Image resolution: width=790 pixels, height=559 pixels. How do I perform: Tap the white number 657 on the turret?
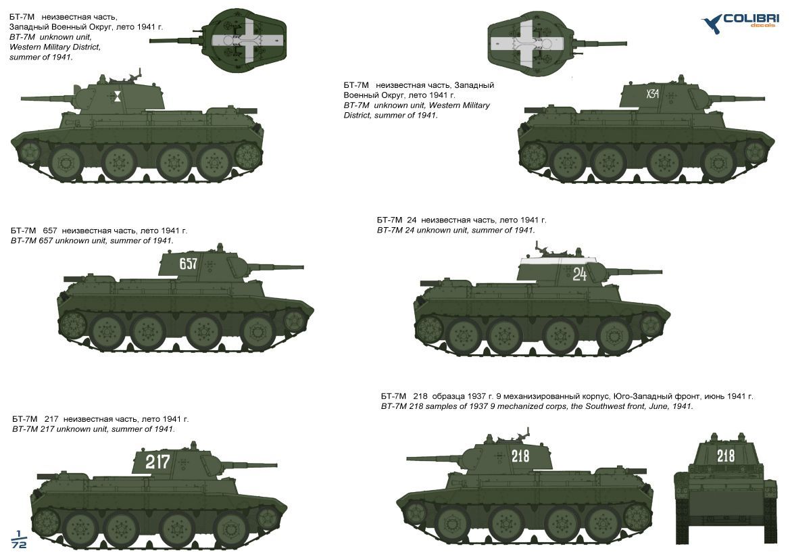coord(188,263)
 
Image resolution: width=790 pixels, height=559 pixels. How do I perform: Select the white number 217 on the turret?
coord(157,461)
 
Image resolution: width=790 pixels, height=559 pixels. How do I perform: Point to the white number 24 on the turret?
coord(579,274)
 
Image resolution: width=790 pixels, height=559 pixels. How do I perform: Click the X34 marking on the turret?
coord(652,93)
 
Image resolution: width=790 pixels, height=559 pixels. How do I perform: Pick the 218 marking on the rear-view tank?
coord(726,456)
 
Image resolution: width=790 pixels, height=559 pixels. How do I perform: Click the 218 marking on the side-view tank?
coord(520,456)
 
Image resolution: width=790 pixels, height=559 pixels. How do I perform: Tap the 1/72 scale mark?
coord(19,539)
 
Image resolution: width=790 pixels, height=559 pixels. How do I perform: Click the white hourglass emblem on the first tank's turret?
coord(118,95)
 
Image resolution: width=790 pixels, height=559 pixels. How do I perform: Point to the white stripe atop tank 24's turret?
coord(558,260)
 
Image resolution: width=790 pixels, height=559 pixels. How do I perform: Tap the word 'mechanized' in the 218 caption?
coord(521,406)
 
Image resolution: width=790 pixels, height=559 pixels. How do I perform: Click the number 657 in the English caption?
coord(45,241)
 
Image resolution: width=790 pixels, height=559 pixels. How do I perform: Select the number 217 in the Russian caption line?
coord(51,419)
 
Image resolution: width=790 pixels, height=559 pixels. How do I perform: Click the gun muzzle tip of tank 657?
coord(302,266)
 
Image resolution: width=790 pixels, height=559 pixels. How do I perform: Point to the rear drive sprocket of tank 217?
coord(47,519)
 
